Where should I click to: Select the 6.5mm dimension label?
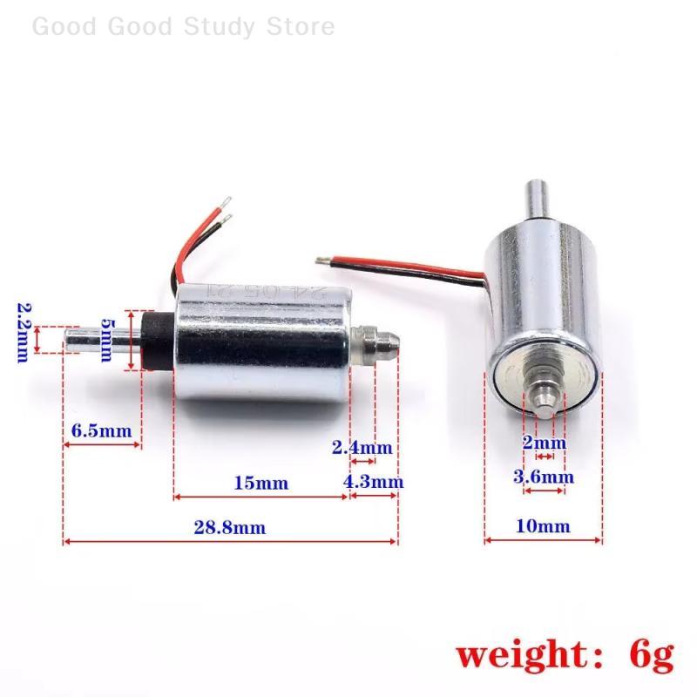click(101, 430)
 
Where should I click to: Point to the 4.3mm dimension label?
click(374, 482)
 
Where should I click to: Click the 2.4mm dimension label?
click(362, 448)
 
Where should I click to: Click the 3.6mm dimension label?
click(544, 477)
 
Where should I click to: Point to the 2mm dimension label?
click(544, 442)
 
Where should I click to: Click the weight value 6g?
click(649, 654)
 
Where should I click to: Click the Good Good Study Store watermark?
click(183, 26)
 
